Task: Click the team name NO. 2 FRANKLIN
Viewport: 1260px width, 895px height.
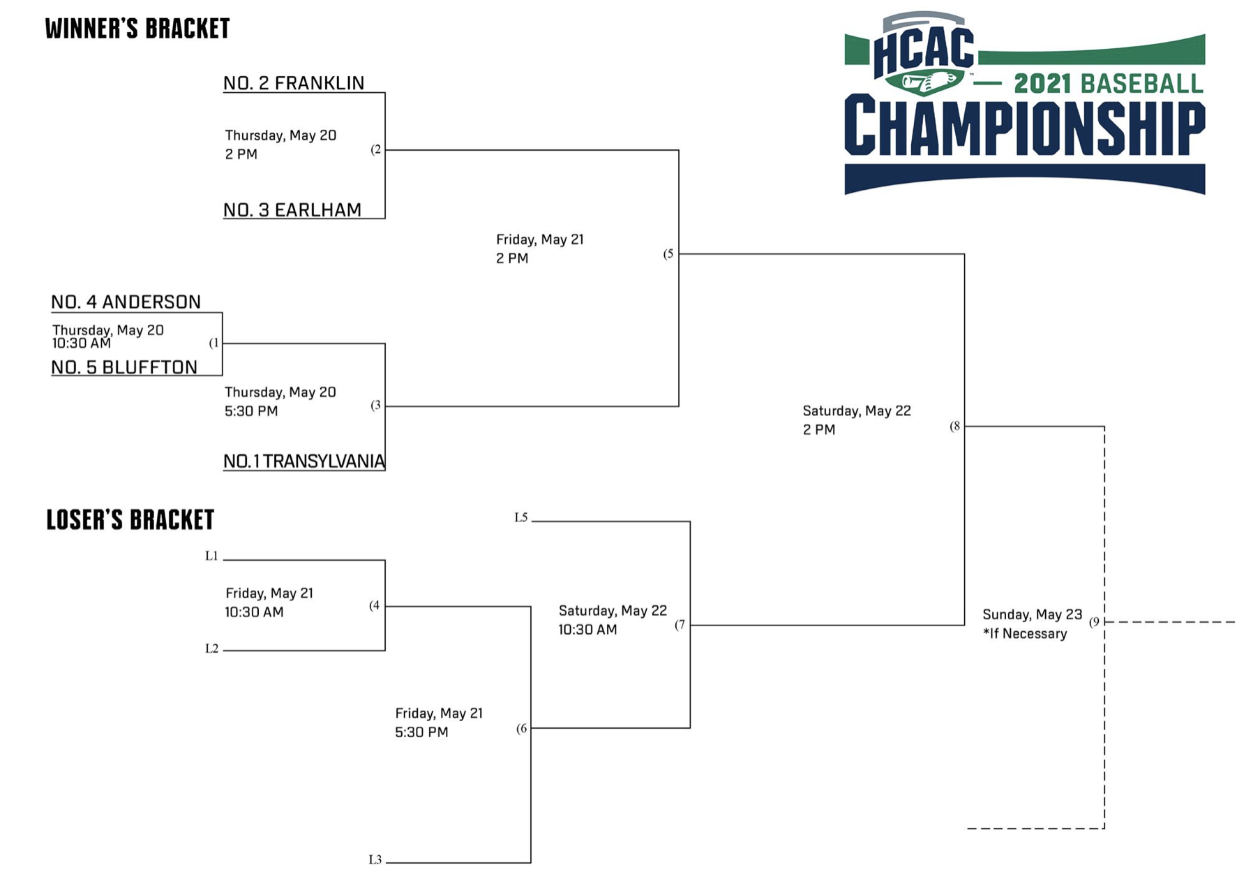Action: pos(294,83)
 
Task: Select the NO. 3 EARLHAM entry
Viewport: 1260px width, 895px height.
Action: pos(292,210)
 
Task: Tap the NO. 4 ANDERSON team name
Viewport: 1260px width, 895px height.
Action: pos(126,302)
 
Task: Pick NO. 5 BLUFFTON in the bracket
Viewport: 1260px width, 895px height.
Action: pos(124,367)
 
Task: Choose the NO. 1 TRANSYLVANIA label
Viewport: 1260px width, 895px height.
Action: pos(304,461)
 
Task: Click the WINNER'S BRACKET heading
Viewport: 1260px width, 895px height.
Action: pos(137,29)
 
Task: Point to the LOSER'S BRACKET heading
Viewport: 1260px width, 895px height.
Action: pos(130,519)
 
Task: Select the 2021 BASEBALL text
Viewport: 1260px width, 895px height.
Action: pos(1109,84)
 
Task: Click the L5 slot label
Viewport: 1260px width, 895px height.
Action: pos(521,517)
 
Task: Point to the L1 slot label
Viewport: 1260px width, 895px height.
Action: pos(211,556)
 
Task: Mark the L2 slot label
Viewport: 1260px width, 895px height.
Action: pos(212,649)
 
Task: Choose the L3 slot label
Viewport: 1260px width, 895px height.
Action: pos(375,860)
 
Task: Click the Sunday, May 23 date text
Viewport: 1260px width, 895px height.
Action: pos(1033,615)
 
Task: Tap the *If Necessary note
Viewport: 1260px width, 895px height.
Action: pos(1025,634)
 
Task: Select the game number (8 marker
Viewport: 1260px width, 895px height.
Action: pos(955,426)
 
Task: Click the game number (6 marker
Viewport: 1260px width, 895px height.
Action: pos(522,729)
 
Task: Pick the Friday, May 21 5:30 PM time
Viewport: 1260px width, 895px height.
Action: pos(439,723)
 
